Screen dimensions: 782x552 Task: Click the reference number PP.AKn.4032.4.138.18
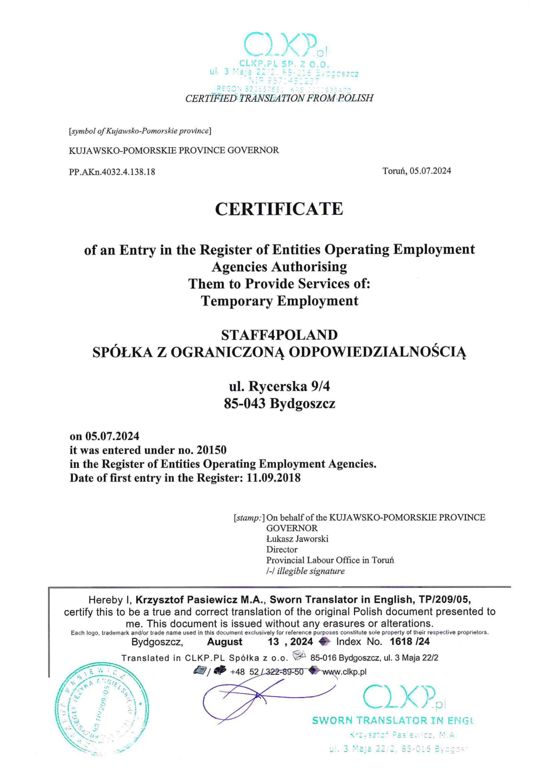pyautogui.click(x=112, y=172)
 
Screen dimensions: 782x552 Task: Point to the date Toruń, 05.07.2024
pyautogui.click(x=417, y=171)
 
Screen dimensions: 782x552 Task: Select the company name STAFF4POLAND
pyautogui.click(x=279, y=335)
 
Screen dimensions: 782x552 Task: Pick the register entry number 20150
pyautogui.click(x=211, y=450)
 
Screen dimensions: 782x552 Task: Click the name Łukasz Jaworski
pyautogui.click(x=297, y=539)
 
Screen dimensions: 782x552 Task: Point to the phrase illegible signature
pyautogui.click(x=310, y=571)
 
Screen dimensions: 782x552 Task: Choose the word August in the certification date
pyautogui.click(x=225, y=642)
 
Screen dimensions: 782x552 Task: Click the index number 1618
pyautogui.click(x=401, y=642)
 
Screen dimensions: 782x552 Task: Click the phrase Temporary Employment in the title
pyautogui.click(x=280, y=301)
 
